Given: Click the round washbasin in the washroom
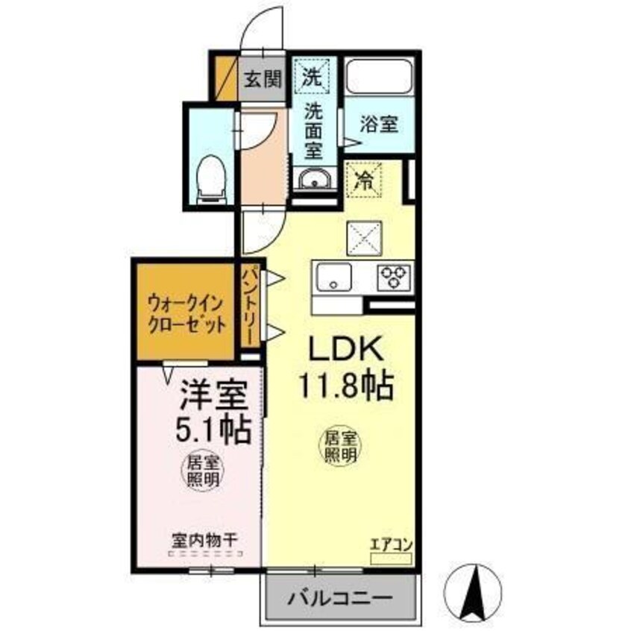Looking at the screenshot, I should point(314,180).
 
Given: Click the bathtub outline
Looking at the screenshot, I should point(379,76).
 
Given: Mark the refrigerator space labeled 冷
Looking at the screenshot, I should point(365,179).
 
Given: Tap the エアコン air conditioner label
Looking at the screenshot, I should point(391,544).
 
